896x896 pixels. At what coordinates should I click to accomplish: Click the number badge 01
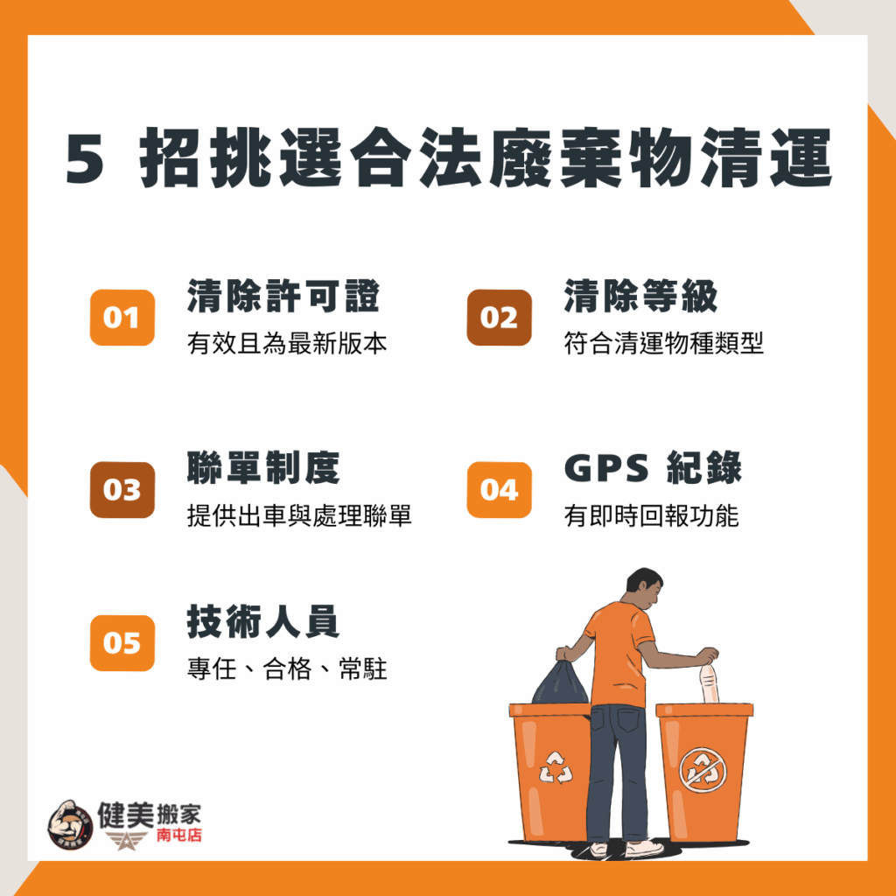pos(122,318)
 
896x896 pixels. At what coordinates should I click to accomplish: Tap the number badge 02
pos(499,318)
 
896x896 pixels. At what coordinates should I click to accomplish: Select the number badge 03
pos(122,490)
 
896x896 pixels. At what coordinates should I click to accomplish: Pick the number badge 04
pos(499,490)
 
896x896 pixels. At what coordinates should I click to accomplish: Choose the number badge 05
pos(122,643)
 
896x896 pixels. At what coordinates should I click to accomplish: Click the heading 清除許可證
pos(283,296)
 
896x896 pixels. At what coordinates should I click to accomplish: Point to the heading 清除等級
pos(640,296)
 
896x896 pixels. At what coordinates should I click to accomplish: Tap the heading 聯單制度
pos(263,468)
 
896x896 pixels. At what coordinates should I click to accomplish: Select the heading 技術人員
pos(263,621)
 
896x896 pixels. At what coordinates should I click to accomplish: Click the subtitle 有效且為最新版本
pos(287,343)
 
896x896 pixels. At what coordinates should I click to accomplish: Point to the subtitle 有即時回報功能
pos(651,515)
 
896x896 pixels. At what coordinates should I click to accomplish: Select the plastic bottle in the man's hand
pos(709,683)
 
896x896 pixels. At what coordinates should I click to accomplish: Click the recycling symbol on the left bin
pos(556,767)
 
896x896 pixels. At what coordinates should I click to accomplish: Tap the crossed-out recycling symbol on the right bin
pos(703,771)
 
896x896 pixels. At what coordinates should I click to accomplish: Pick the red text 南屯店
pos(178,835)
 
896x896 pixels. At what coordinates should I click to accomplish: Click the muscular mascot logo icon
pos(70,825)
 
